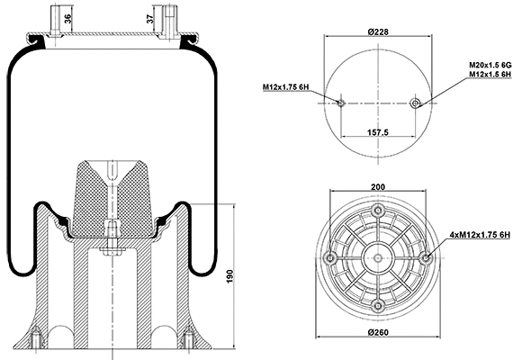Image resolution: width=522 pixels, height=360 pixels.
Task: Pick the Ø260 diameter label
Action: (x=377, y=336)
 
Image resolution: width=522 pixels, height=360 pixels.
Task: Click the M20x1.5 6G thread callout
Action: (x=490, y=66)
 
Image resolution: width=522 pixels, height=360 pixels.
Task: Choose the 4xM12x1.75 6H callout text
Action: (x=484, y=234)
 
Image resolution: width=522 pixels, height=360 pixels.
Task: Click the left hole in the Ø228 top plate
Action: (x=341, y=103)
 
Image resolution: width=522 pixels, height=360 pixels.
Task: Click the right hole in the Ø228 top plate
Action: (x=414, y=103)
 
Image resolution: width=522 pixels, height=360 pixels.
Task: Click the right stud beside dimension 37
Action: (x=167, y=20)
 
